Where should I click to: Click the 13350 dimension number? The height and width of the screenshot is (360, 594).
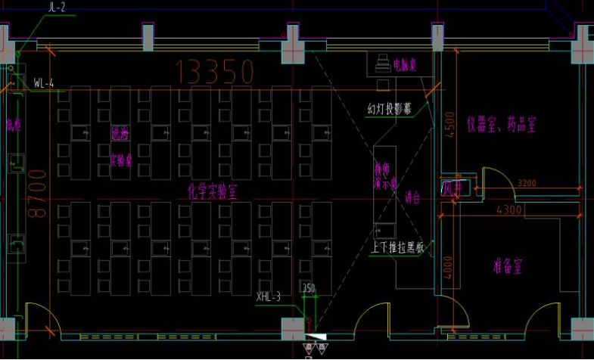pos(214,72)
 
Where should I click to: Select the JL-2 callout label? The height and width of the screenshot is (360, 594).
pos(57,7)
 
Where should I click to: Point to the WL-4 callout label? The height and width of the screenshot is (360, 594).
pos(44,83)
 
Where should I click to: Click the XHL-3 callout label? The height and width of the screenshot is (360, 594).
pos(269,297)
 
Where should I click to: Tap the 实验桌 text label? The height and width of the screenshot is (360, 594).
pos(121,160)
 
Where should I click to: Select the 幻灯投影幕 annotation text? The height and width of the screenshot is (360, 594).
pos(390,108)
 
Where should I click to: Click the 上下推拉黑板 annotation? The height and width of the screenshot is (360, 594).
pos(399,247)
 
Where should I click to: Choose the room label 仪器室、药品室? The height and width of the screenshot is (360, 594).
pos(501,124)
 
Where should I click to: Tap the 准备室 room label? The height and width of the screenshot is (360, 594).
pos(508,266)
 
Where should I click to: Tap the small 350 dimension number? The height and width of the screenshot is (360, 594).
pos(308,288)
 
